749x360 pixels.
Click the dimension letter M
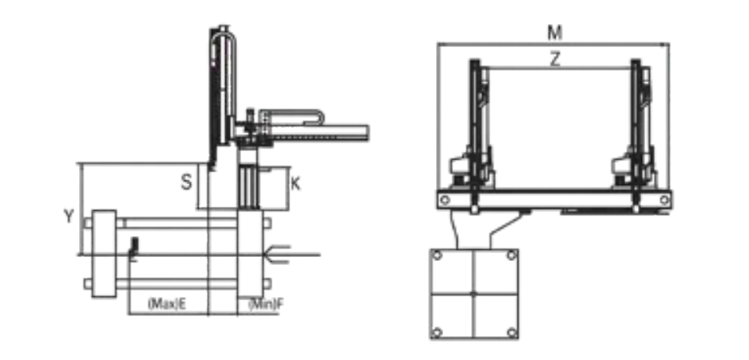[554, 33]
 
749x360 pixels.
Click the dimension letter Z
[555, 60]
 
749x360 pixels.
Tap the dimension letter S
[186, 182]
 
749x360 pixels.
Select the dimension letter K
[295, 184]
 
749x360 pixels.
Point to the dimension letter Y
[69, 216]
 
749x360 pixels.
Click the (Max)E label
[167, 304]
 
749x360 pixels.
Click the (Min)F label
[265, 304]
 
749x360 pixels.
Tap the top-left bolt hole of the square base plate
[437, 255]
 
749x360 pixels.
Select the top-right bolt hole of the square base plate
[511, 255]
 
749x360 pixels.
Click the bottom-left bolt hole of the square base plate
[437, 332]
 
